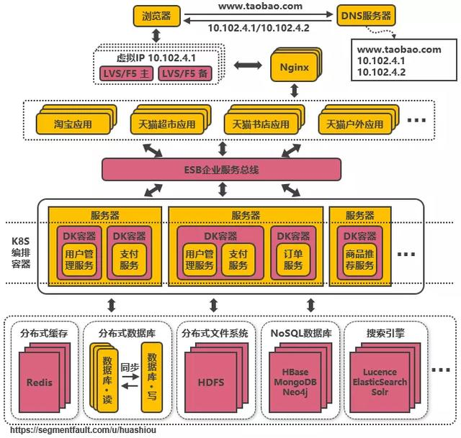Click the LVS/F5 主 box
point(126,73)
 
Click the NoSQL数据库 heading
point(300,334)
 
